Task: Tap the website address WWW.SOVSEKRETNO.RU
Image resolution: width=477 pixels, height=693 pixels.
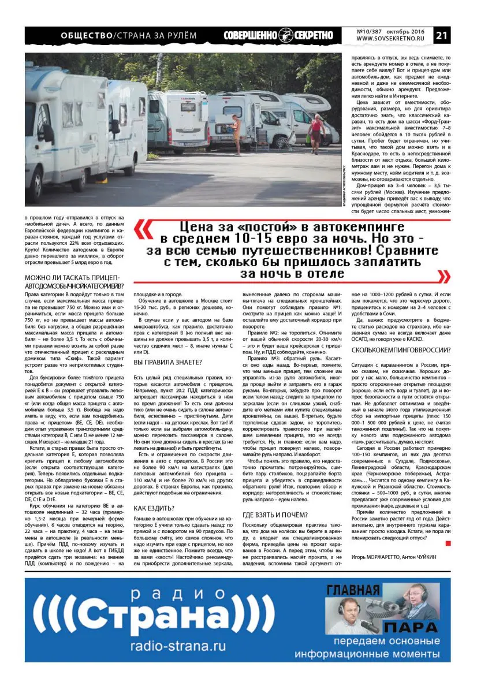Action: point(394,39)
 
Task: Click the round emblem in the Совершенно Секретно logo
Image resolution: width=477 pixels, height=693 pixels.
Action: point(286,35)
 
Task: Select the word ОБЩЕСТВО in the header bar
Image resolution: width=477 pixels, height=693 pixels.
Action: point(87,36)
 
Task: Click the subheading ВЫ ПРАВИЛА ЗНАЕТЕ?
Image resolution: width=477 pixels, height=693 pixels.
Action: point(167,362)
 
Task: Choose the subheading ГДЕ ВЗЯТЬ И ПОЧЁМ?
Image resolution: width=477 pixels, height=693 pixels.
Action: point(275,515)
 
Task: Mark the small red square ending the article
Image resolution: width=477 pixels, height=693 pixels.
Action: point(448,543)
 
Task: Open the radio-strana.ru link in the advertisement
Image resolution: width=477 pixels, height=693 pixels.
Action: point(178,646)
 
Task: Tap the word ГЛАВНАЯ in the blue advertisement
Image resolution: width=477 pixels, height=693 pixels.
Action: point(353,591)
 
